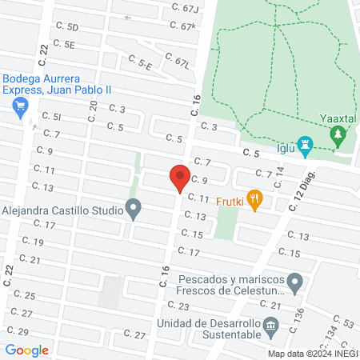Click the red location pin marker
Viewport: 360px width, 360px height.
click(179, 177)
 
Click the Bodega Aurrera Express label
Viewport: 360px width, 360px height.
click(52, 85)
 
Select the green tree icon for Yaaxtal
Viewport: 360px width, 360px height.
click(338, 135)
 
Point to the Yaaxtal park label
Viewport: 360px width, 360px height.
click(338, 118)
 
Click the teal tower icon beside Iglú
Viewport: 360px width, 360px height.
click(304, 143)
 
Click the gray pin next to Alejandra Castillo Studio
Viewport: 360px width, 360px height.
click(134, 210)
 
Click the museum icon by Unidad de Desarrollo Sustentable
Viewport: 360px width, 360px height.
click(270, 324)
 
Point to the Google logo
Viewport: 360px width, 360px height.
click(27, 350)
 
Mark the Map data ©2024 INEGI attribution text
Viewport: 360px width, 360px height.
click(312, 354)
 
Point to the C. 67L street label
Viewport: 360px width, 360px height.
click(176, 61)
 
